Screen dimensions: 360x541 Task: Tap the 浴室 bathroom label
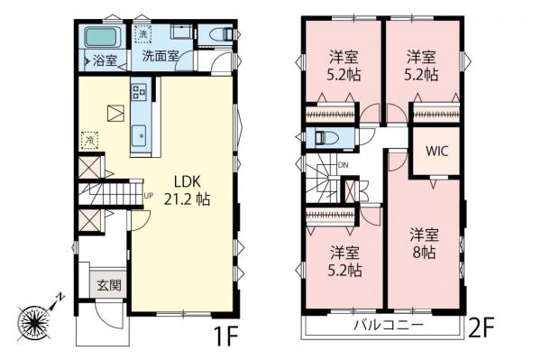point(105,61)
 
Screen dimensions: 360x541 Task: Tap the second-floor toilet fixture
point(325,138)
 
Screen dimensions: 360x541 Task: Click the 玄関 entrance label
point(110,284)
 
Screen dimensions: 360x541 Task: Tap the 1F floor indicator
point(225,337)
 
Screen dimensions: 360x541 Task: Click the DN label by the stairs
point(343,165)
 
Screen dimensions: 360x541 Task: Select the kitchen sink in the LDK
point(141,135)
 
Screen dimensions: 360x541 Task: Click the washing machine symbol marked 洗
point(142,33)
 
